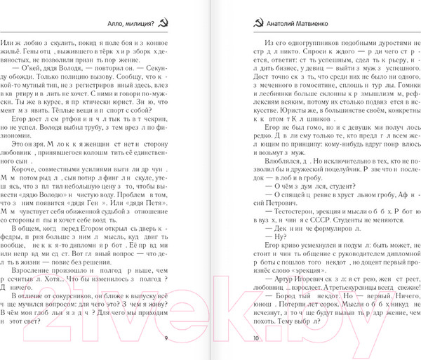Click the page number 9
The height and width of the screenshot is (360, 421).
165,338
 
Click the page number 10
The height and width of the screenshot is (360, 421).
255,338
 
